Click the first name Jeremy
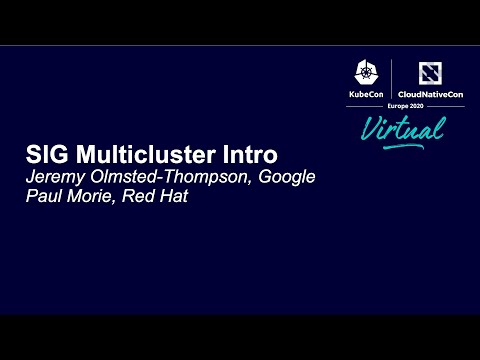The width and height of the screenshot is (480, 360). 56,178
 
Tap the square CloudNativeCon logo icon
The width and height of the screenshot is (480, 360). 431,72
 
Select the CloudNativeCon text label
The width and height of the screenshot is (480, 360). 431,93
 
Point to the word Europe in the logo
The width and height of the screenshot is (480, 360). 395,105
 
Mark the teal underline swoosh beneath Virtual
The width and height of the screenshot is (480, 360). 400,147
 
